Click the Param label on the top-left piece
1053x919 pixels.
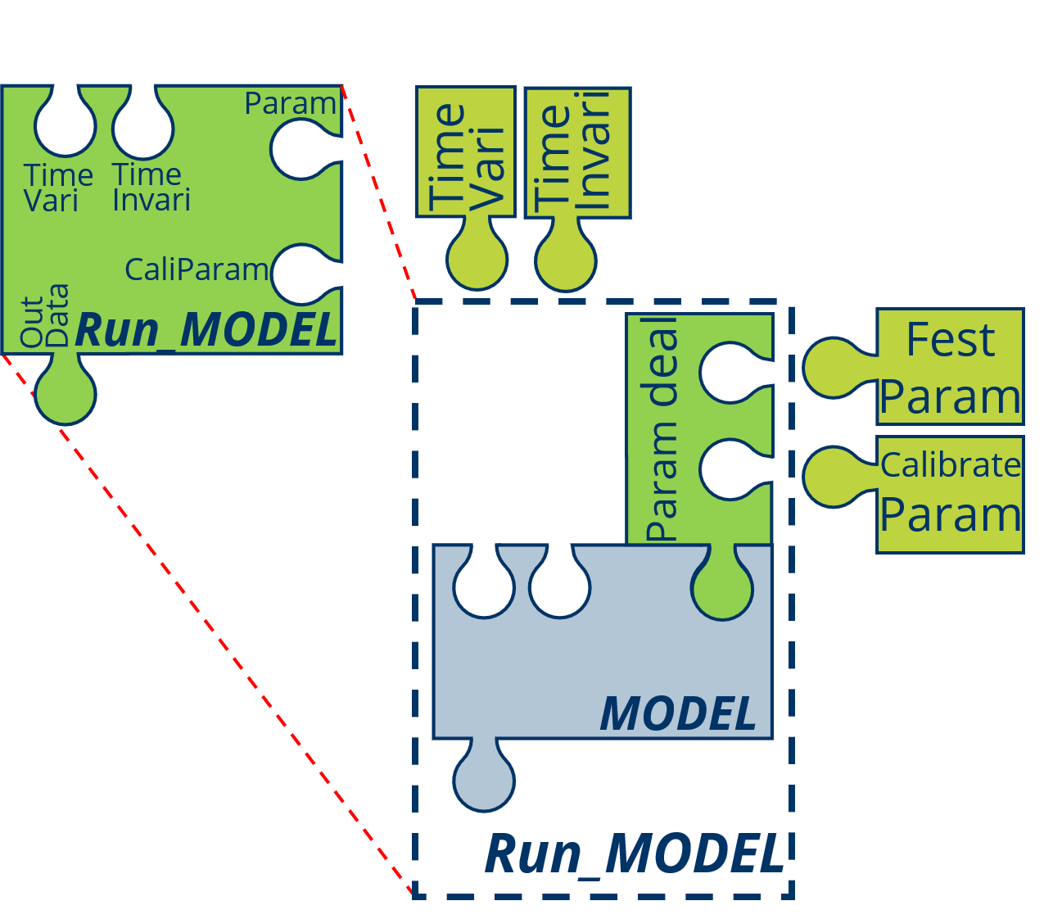pyautogui.click(x=290, y=104)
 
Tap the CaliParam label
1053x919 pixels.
pyautogui.click(x=197, y=269)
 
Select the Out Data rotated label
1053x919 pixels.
pyautogui.click(x=44, y=316)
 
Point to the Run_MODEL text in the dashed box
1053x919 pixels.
pyautogui.click(x=635, y=854)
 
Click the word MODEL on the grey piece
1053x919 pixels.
pyautogui.click(x=678, y=714)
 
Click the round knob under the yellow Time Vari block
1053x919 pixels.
pyautogui.click(x=477, y=260)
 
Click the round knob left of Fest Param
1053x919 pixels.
pyautogui.click(x=834, y=368)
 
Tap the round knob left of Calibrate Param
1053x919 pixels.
pyautogui.click(x=834, y=477)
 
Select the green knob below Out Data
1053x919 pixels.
pyautogui.click(x=66, y=394)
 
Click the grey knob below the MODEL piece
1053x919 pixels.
pyautogui.click(x=484, y=781)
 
